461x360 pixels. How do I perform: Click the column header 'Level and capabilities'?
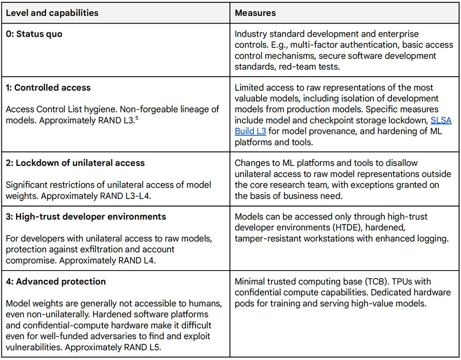[52, 13]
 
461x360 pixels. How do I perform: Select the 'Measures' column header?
[255, 13]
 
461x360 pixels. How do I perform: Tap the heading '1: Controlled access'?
[48, 88]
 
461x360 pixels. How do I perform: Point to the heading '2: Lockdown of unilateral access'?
[75, 163]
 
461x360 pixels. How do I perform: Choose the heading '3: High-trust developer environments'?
[85, 216]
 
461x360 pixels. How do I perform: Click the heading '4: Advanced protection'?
[55, 281]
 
